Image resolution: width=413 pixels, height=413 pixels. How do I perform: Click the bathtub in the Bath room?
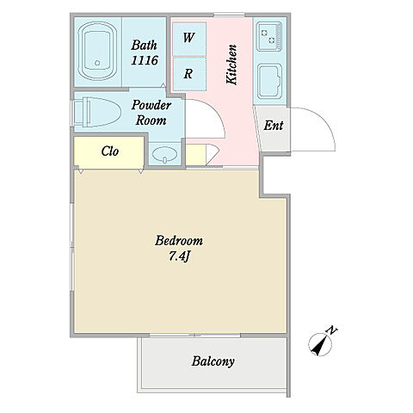pos(97,51)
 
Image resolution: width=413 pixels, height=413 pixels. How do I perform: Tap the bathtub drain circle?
pos(97,63)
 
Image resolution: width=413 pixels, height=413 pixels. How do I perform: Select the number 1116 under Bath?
pos(145,60)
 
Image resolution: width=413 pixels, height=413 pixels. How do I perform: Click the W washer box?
pos(189,39)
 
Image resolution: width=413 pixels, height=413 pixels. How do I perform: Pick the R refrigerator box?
pos(189,74)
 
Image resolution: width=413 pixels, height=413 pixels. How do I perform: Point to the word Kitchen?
pos(231,65)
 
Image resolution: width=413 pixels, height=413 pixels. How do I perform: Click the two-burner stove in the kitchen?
pos(269,36)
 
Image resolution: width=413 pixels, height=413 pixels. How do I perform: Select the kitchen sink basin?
pos(269,82)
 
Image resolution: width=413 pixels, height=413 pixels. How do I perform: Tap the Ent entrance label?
pos(274,126)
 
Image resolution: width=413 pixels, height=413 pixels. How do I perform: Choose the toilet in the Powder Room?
pos(97,112)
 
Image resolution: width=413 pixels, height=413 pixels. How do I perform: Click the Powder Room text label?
pos(151,113)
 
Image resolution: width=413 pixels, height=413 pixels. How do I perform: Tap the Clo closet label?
pos(110,151)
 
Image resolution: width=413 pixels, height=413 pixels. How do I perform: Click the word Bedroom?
pos(179,240)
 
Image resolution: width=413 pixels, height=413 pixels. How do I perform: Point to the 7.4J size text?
pos(180,256)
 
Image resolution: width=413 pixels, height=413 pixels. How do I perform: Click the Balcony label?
pos(213,361)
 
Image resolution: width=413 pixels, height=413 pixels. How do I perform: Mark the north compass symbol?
pos(320,344)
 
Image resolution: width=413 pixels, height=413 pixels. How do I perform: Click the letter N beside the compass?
pos(332,330)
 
